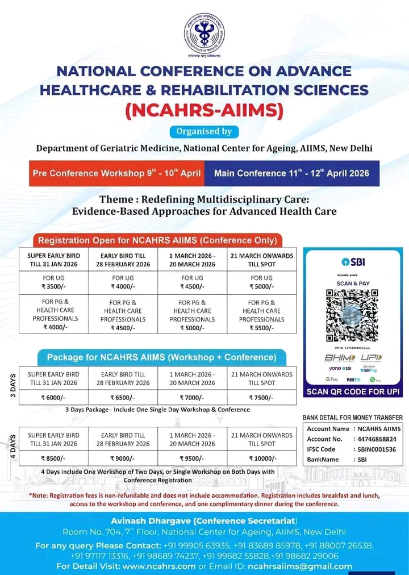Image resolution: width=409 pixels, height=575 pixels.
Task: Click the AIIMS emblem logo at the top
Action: click(x=204, y=32)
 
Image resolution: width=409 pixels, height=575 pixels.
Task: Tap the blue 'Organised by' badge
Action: click(x=204, y=131)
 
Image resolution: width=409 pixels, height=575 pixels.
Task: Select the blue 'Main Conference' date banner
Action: click(x=291, y=173)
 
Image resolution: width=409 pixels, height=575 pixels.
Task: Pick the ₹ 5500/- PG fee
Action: click(x=261, y=327)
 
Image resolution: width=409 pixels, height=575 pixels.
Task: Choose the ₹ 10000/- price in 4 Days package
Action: click(x=262, y=458)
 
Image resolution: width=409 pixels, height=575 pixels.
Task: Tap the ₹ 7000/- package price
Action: click(x=192, y=397)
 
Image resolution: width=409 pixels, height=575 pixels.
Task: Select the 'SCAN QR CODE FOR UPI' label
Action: click(x=353, y=392)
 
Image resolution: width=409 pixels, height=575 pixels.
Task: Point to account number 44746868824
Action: click(x=377, y=439)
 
